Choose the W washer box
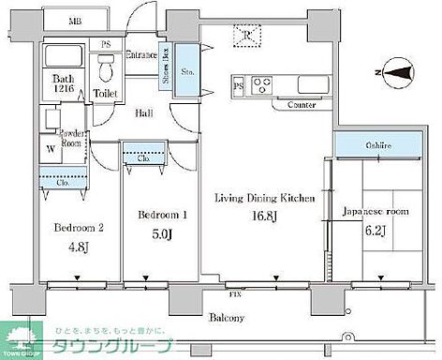[50, 147]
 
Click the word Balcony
[228, 318]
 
